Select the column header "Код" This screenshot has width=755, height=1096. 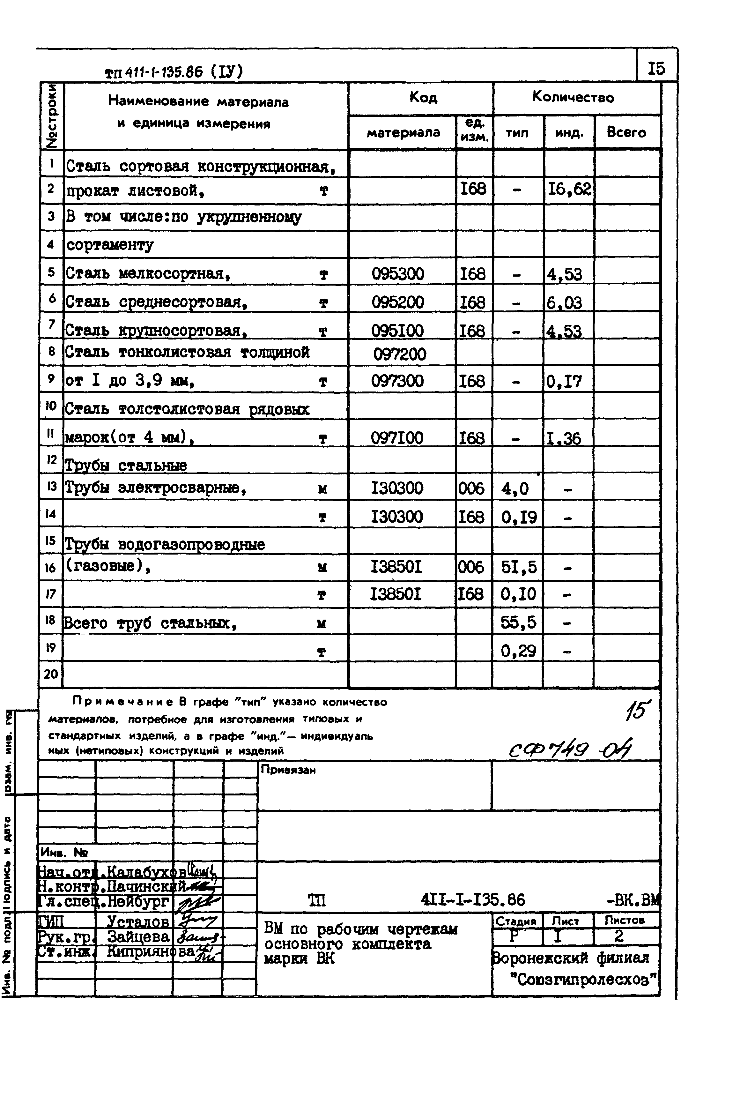[423, 98]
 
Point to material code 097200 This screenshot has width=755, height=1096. [400, 354]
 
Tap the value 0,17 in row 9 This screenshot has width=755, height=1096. [564, 381]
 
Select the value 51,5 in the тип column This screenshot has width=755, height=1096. [519, 567]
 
